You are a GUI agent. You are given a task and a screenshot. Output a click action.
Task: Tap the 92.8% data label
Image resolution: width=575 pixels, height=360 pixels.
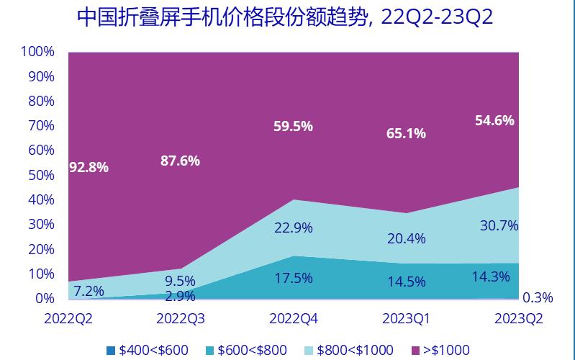click(x=89, y=168)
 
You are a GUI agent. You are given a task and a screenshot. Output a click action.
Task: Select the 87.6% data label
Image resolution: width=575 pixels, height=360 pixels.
click(x=180, y=161)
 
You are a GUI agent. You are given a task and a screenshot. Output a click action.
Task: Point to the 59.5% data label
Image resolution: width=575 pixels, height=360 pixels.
click(x=293, y=127)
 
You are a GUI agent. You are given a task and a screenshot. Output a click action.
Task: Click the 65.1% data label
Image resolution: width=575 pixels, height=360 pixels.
click(x=406, y=132)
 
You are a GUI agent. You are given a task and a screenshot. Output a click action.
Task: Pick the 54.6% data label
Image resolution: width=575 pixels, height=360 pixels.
click(x=494, y=121)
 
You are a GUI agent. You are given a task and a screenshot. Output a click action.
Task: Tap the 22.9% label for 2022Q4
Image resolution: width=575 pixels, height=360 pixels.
click(x=293, y=228)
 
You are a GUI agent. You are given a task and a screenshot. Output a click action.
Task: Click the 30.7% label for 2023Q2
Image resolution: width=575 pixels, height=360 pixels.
click(x=499, y=225)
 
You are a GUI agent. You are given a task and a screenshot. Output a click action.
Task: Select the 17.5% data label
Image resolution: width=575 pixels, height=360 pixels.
click(x=293, y=277)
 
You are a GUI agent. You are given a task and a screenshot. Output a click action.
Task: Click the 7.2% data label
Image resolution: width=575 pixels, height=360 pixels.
click(x=90, y=291)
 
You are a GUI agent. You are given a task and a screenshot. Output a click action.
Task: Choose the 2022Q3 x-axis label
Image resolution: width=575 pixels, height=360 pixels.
click(x=181, y=318)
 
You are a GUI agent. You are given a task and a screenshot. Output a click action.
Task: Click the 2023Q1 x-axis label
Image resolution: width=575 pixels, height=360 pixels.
click(x=407, y=318)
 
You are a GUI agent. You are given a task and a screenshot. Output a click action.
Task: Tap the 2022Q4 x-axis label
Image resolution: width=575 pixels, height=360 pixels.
click(x=294, y=318)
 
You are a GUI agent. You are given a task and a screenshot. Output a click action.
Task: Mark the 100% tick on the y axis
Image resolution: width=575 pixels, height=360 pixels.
click(x=38, y=52)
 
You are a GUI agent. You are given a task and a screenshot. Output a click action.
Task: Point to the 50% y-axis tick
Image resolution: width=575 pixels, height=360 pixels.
click(x=42, y=175)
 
